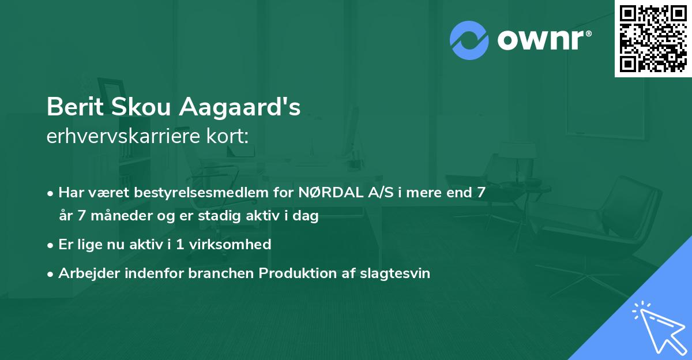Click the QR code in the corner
coord(653,39)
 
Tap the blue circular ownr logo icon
coord(469,40)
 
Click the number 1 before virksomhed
coord(180,244)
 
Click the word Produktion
coord(297,273)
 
